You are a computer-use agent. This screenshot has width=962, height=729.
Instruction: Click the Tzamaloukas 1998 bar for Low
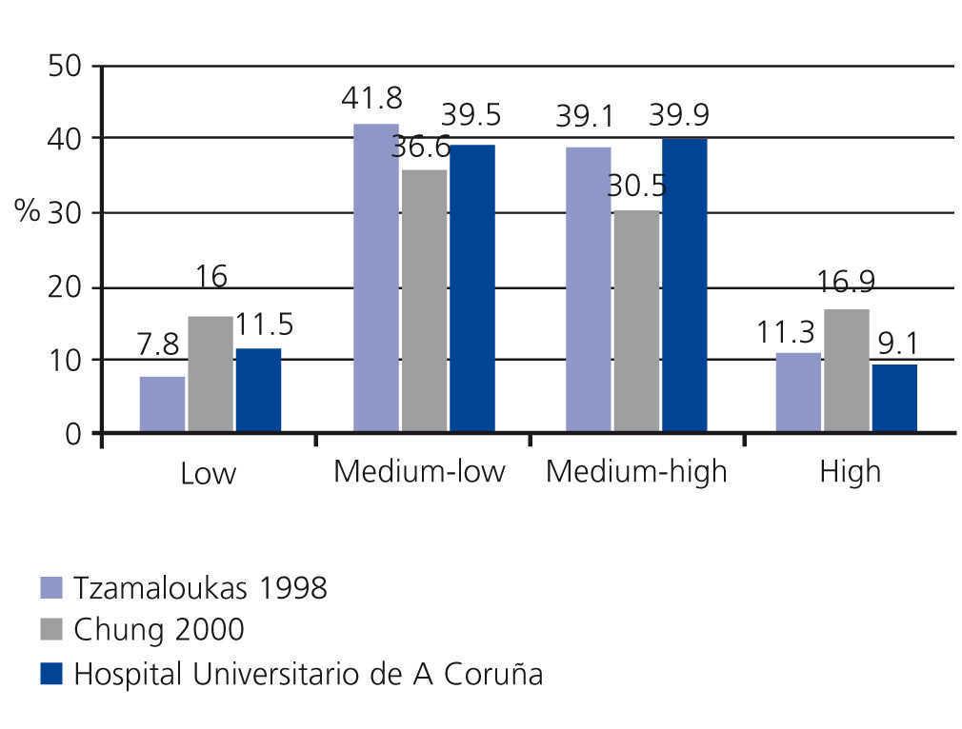(x=162, y=404)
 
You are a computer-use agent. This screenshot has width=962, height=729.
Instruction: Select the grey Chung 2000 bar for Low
(x=210, y=375)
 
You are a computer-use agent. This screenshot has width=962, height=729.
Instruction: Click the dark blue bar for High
(x=894, y=399)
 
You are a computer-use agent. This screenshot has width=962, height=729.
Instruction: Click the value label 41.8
(x=372, y=98)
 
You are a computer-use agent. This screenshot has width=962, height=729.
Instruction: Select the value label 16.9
(x=848, y=283)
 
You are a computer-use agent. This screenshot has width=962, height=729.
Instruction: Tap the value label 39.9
(x=679, y=115)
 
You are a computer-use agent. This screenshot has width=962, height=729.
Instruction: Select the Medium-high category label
(x=635, y=472)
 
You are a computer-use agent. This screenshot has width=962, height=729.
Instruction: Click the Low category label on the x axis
(x=208, y=474)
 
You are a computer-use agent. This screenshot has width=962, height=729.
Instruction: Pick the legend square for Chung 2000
(x=51, y=630)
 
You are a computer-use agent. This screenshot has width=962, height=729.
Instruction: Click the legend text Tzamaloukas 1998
(x=200, y=588)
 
